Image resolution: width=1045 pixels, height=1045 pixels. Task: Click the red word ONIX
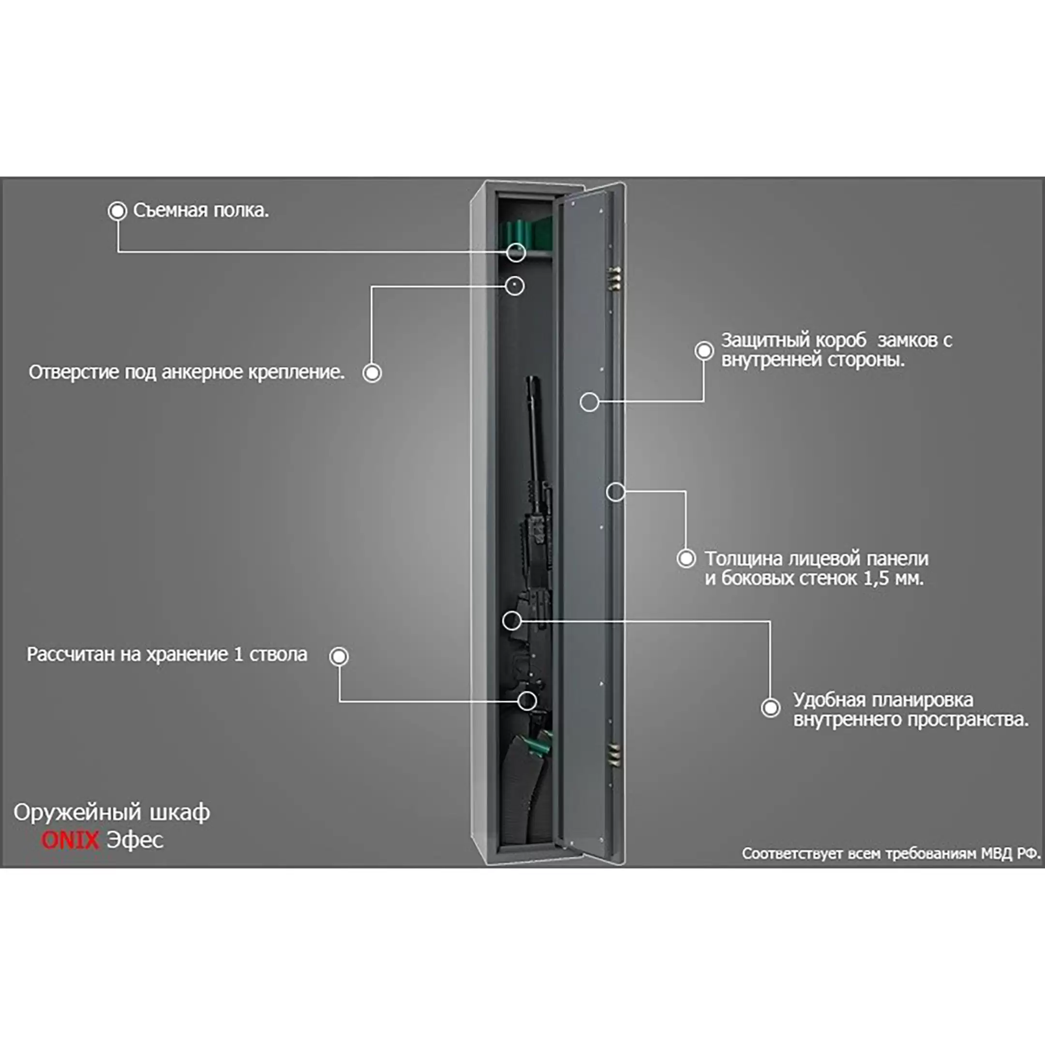click(70, 840)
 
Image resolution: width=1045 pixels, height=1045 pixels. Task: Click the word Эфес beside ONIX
click(134, 840)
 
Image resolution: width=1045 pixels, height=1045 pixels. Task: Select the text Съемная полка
click(201, 210)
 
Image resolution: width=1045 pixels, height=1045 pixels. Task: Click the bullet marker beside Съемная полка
click(118, 211)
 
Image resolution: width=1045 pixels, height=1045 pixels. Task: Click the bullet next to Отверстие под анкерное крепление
click(372, 373)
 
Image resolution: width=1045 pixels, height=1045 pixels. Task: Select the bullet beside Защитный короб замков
click(704, 350)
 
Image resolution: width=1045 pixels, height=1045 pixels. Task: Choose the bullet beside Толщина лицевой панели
click(687, 558)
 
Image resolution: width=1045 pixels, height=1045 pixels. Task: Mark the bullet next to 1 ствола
click(339, 656)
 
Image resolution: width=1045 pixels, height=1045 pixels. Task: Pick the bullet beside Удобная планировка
click(771, 707)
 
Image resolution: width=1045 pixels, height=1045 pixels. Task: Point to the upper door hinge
click(615, 277)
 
